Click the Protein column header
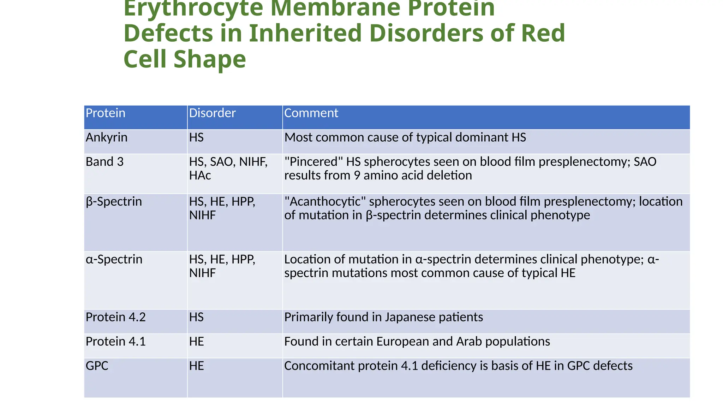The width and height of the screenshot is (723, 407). [x=106, y=113]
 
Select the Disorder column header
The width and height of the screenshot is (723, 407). [x=212, y=113]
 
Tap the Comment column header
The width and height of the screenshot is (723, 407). [x=311, y=113]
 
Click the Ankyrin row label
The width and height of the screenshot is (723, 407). [x=106, y=137]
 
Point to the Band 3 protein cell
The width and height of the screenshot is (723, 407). [x=104, y=162]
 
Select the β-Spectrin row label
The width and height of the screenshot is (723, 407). [x=114, y=202]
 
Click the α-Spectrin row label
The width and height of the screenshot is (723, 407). [x=114, y=260]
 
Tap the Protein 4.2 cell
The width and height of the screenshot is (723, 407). [x=115, y=317]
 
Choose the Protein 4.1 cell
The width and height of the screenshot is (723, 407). [x=115, y=342]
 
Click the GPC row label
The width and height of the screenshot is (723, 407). [x=97, y=366]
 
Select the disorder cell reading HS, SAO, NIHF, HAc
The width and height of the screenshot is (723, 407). [x=228, y=169]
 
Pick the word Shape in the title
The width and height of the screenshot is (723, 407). [x=210, y=59]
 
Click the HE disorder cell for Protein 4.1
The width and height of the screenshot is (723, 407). [x=196, y=342]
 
